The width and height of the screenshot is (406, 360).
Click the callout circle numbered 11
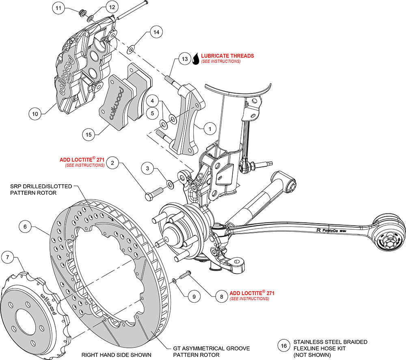59,8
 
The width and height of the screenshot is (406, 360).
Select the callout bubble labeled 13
185,59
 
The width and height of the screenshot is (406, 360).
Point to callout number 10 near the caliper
35,114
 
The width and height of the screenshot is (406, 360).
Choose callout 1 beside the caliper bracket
209,129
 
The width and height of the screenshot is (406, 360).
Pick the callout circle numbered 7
7,257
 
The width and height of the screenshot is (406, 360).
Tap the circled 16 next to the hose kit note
284,346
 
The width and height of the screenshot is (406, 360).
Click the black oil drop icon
196,59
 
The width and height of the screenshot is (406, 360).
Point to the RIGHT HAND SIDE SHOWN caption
117,355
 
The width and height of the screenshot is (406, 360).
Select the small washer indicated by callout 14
131,50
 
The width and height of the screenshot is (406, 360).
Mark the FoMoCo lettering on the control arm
328,230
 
